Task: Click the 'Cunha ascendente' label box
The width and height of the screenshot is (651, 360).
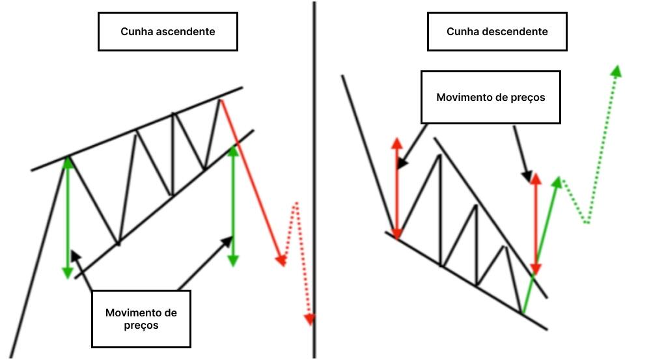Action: coord(167,31)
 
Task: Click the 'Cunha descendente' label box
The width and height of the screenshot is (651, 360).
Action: coord(497,31)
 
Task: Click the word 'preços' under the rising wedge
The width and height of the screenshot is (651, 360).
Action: coord(141,325)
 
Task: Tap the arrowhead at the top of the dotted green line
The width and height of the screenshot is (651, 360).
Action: coord(615,70)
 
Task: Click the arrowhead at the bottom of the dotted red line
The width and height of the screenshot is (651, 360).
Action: coord(309,320)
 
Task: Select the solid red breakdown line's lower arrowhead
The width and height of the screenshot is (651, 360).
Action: coord(281,260)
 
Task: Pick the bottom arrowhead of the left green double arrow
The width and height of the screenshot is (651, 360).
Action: coord(68,272)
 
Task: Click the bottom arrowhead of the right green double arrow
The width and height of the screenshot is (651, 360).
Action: coord(233,260)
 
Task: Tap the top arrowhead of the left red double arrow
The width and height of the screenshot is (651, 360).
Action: coord(396,143)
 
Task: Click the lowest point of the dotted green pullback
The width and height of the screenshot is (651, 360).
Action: coord(587,223)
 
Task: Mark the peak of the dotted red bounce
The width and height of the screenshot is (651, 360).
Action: coord(296,203)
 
